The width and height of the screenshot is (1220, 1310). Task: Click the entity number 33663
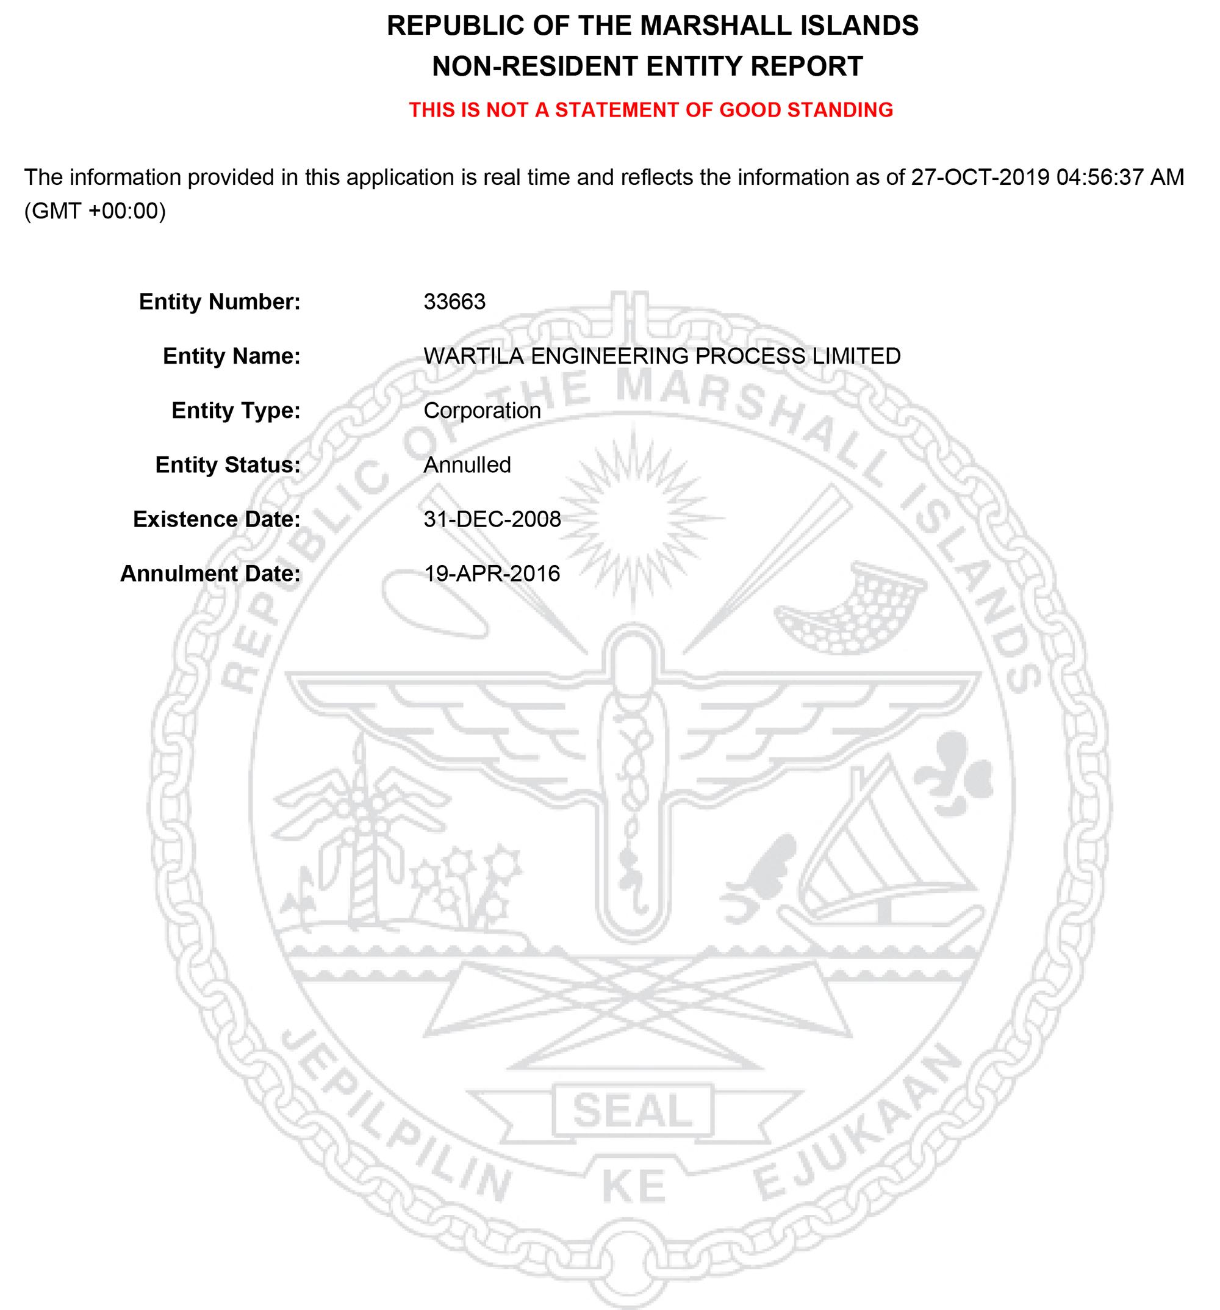click(454, 302)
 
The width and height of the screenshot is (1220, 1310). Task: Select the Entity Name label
click(231, 356)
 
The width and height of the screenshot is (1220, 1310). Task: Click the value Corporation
click(481, 411)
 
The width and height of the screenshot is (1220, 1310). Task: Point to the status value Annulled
click(467, 465)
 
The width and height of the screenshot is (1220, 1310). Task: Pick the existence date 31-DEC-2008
click(492, 520)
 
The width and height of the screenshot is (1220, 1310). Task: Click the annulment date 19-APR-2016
click(492, 574)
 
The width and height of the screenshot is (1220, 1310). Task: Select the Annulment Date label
click(210, 574)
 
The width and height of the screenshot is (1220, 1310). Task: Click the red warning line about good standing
click(651, 109)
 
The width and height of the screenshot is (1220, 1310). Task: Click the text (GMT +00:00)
click(95, 212)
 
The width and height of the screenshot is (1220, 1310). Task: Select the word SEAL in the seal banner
click(632, 1111)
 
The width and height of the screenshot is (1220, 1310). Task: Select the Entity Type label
click(236, 411)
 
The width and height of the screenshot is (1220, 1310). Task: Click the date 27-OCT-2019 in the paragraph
click(980, 178)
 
